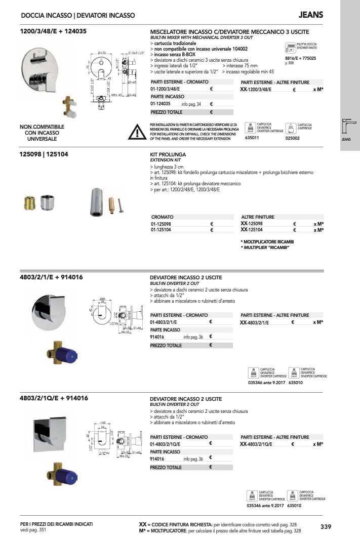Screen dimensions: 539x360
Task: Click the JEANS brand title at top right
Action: pyautogui.click(x=311, y=15)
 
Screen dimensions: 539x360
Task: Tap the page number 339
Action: pyautogui.click(x=326, y=527)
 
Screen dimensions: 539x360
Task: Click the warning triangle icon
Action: pyautogui.click(x=137, y=132)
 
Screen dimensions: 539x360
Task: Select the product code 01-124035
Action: pyautogui.click(x=161, y=104)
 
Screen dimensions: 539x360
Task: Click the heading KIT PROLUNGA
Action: pyautogui.click(x=169, y=154)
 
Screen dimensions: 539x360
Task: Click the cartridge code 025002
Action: pyautogui.click(x=293, y=138)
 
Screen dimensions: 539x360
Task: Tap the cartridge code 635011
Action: pyautogui.click(x=252, y=138)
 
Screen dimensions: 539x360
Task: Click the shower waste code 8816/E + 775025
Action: pyautogui.click(x=301, y=58)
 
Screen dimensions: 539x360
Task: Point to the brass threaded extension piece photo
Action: pyautogui.click(x=29, y=203)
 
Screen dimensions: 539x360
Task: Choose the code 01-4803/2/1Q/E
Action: pyautogui.click(x=165, y=444)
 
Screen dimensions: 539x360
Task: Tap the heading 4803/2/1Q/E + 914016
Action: pyautogui.click(x=54, y=398)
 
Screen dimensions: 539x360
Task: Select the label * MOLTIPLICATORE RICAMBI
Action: pyautogui.click(x=267, y=242)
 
